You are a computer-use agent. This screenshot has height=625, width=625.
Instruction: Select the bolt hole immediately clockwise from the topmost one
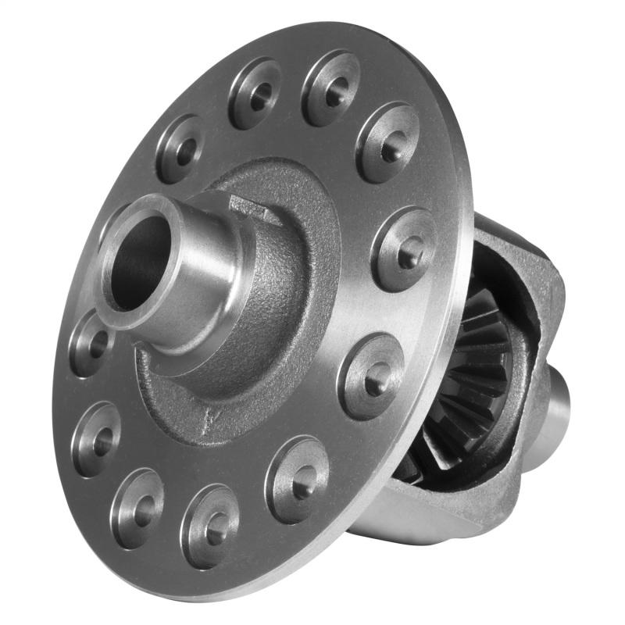(x=387, y=143)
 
